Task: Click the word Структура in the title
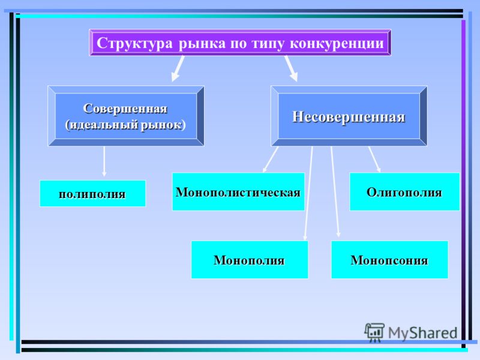tap(134, 43)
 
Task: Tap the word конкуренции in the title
tap(337, 43)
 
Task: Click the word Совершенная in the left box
tap(125, 109)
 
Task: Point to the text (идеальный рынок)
tap(125, 125)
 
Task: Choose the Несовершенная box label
tap(349, 117)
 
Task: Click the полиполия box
tap(92, 193)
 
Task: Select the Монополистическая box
tap(238, 191)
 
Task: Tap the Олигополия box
tap(404, 191)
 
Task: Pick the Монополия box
tap(250, 260)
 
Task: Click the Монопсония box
tap(389, 260)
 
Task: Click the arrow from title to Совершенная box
tap(178, 68)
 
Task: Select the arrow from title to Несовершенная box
tap(291, 68)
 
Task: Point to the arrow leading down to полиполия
tap(104, 161)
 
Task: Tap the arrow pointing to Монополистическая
tap(271, 160)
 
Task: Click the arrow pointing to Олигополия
tap(374, 160)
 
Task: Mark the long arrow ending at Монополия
tap(308, 193)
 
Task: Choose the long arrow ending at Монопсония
tap(335, 192)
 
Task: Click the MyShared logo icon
tap(374, 332)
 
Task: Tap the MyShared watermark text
tap(422, 333)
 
